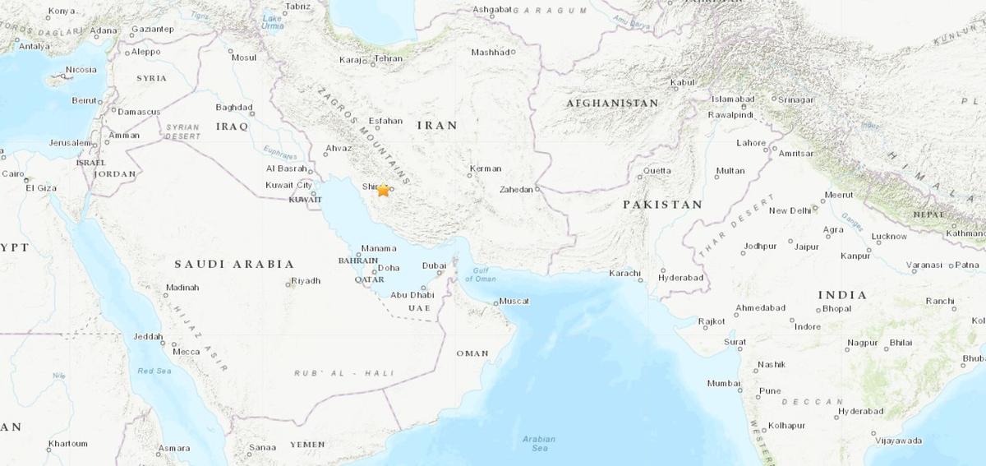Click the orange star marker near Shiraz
(x=383, y=190)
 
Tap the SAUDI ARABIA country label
(x=234, y=264)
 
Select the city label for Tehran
(x=388, y=59)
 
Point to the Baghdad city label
(x=233, y=108)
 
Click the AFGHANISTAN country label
(x=612, y=104)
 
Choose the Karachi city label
(x=624, y=273)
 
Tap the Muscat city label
(x=514, y=302)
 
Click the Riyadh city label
(x=305, y=281)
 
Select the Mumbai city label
(x=724, y=384)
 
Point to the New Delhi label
(x=790, y=211)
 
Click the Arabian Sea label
(x=539, y=444)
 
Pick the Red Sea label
(x=154, y=371)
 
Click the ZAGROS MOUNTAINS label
(x=362, y=136)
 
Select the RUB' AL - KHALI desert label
(x=344, y=373)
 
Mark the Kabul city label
(x=682, y=82)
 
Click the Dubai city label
(x=434, y=265)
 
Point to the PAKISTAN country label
(x=662, y=205)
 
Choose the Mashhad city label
(x=491, y=53)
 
